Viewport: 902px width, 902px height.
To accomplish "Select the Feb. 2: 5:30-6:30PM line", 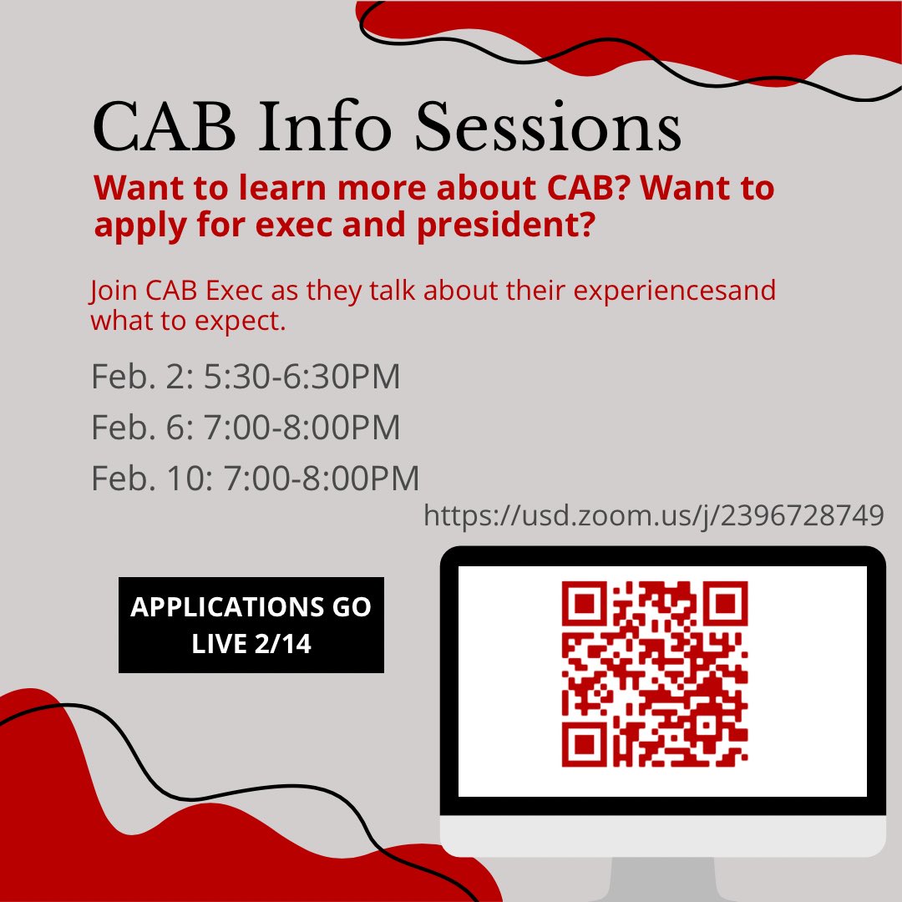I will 246,377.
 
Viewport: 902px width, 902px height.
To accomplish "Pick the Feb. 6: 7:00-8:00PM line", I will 246,428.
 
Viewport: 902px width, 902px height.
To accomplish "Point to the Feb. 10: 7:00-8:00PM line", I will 255,479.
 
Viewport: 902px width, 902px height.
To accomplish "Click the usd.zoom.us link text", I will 653,515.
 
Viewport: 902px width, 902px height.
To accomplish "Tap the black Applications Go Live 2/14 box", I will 251,625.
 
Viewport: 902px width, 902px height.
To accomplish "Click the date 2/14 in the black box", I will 281,644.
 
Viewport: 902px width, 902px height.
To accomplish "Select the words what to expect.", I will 188,321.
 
